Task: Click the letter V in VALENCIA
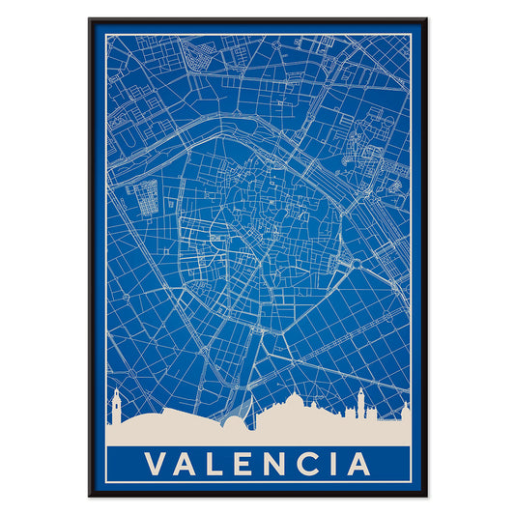[x=157, y=463]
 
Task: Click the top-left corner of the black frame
[x=90, y=19]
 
